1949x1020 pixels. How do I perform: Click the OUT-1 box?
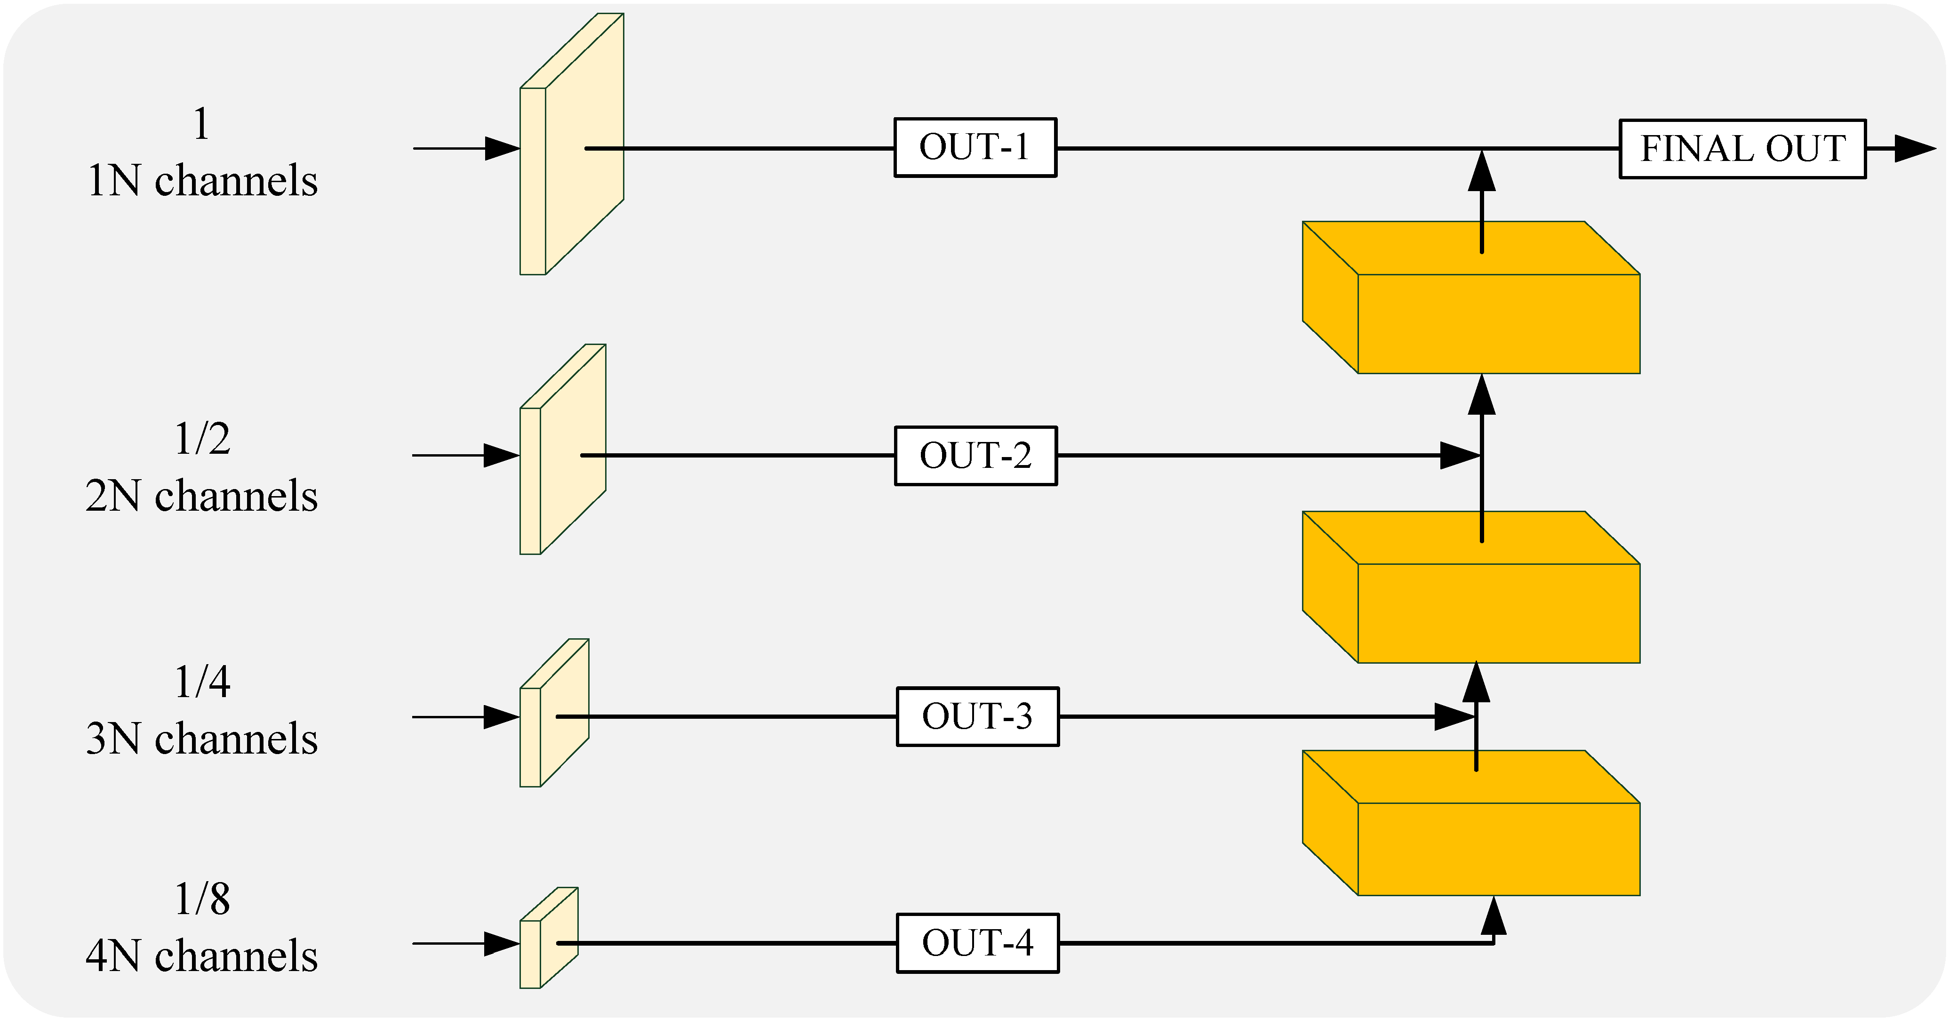[x=975, y=147]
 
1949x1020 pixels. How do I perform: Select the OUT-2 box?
[x=976, y=456]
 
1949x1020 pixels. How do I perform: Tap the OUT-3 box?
[x=977, y=716]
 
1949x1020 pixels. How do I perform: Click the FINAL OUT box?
[x=1742, y=149]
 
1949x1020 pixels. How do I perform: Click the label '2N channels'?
[x=201, y=497]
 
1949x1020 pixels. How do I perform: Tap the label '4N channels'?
[x=201, y=956]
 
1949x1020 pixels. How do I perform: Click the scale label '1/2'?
[x=202, y=439]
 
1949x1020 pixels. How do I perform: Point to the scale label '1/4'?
[x=202, y=682]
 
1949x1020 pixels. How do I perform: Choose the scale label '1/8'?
[x=202, y=899]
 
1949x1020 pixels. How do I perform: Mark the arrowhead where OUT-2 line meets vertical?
[x=1460, y=456]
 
